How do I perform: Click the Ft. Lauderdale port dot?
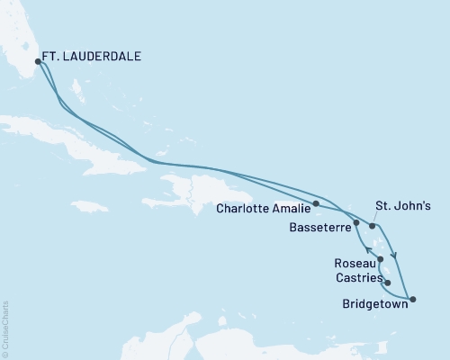point(38,62)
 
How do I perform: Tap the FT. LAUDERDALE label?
point(95,56)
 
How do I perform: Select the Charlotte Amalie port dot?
point(316,203)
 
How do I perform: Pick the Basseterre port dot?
point(357,222)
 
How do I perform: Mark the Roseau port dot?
point(382,260)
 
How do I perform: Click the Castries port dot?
point(387,283)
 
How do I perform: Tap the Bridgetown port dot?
point(412,298)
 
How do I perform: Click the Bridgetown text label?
point(373,304)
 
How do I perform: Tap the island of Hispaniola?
point(202,189)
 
